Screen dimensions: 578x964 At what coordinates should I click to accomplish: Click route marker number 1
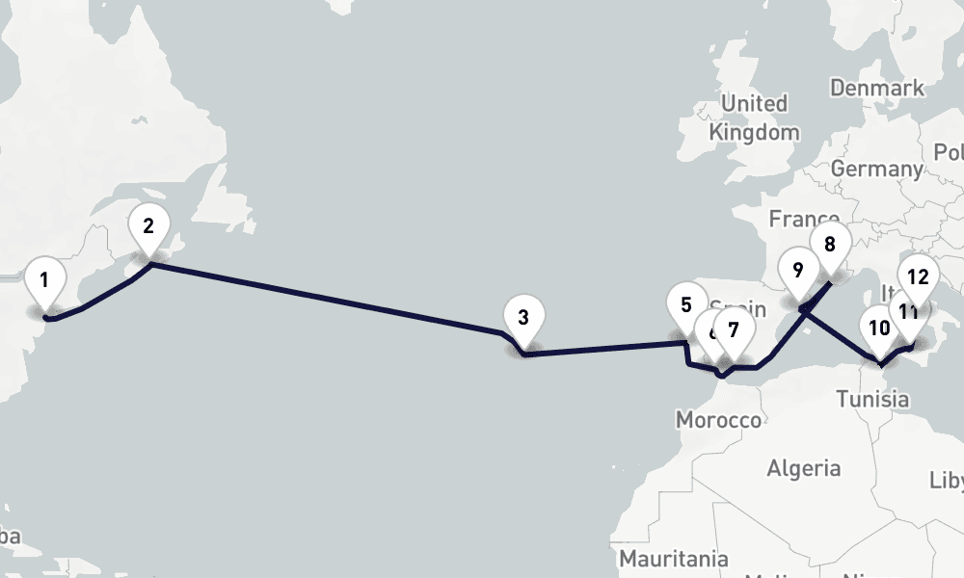[x=43, y=282]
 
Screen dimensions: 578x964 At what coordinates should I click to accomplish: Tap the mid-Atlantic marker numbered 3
[x=522, y=319]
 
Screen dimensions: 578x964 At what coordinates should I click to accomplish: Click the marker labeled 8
[x=829, y=244]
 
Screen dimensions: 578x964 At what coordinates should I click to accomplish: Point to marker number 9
[x=797, y=271]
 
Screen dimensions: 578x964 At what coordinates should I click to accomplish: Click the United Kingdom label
[x=754, y=118]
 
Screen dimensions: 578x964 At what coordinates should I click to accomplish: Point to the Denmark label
[x=876, y=89]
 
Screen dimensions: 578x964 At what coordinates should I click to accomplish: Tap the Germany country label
[x=875, y=169]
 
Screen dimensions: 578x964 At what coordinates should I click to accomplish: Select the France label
[x=803, y=220]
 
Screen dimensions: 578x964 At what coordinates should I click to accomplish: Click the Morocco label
[x=718, y=420]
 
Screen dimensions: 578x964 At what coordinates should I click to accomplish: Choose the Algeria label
[x=803, y=469]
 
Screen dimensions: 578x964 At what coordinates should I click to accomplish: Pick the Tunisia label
[x=871, y=398]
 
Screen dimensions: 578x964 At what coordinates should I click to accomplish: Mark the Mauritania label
[x=673, y=558]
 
